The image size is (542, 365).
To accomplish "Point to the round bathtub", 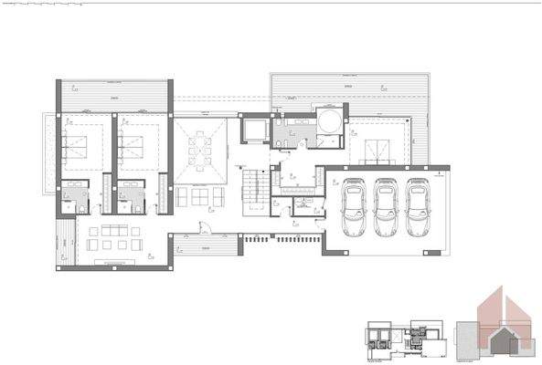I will point(329,122).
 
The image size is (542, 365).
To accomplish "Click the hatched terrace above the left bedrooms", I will point(114,96).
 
